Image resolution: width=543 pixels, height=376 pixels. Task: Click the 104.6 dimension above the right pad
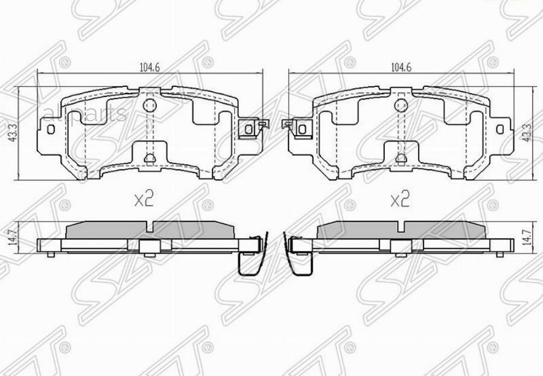click(x=401, y=68)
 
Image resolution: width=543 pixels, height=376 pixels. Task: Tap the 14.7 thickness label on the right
click(x=527, y=238)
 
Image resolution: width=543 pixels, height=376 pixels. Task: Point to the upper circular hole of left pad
click(x=150, y=106)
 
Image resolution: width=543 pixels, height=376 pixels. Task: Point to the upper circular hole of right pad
click(x=400, y=106)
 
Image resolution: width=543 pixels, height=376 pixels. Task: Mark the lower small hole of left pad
click(x=150, y=159)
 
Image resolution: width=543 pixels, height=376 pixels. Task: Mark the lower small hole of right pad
click(x=400, y=159)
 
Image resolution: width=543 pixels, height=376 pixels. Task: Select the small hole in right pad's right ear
click(x=500, y=129)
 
